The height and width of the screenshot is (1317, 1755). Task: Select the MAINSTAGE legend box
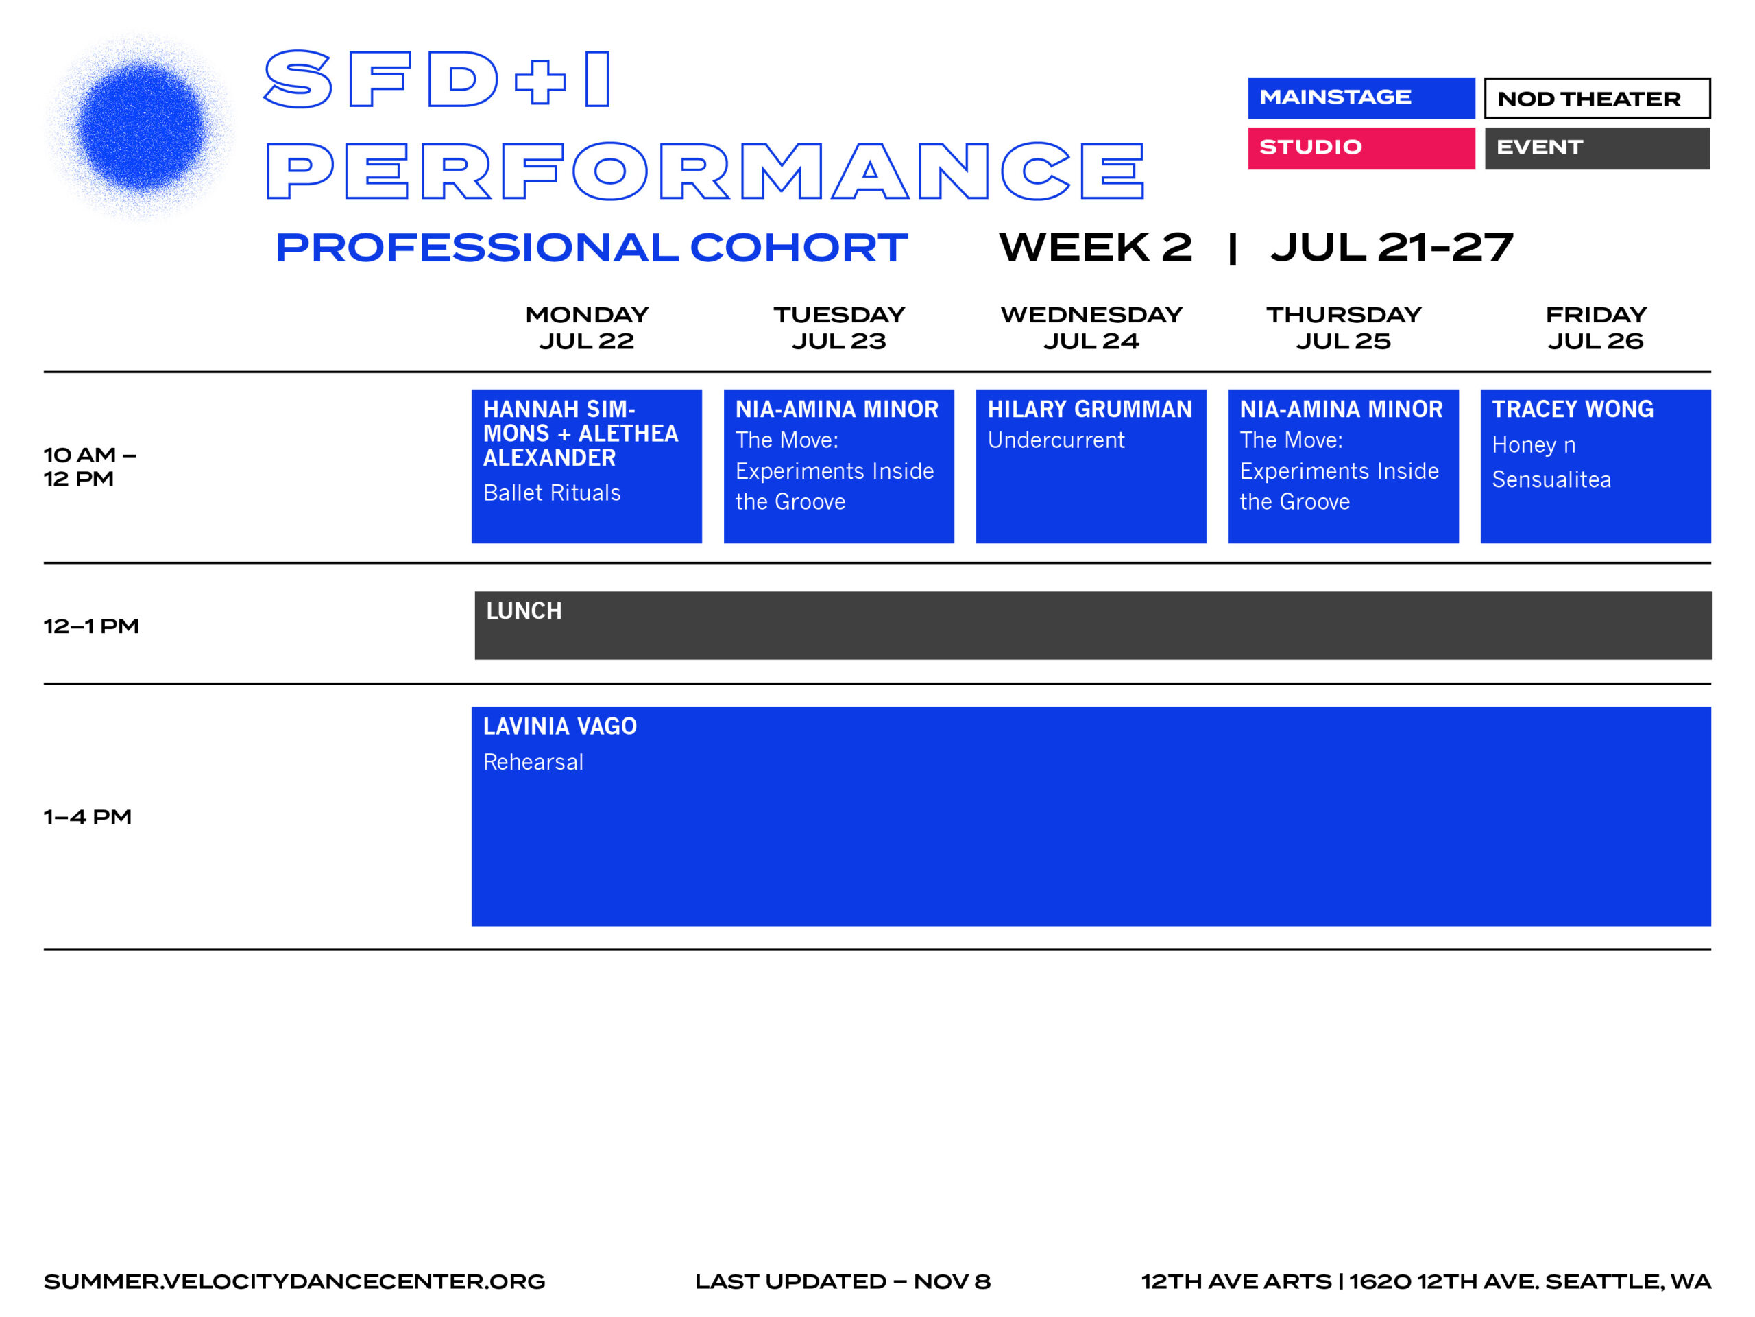[1361, 97]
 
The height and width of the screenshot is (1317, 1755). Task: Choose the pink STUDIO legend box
[1361, 147]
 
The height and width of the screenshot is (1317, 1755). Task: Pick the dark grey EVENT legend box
[1597, 147]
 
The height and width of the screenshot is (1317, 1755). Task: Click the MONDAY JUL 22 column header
[586, 327]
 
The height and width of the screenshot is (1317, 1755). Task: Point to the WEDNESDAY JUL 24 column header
[1091, 327]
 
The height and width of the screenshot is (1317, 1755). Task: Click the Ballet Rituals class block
[586, 466]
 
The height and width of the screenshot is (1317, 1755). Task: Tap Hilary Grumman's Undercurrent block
[1091, 466]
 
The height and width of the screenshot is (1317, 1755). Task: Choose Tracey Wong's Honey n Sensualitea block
[1595, 466]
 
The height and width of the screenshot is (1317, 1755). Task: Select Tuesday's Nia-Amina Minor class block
[838, 466]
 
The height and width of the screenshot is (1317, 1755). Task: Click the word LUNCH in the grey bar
[524, 610]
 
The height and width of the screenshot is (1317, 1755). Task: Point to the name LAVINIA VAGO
[559, 726]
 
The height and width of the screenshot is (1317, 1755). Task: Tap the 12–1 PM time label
[91, 626]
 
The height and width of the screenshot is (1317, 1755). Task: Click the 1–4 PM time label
[87, 817]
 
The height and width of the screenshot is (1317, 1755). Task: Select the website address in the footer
[294, 1281]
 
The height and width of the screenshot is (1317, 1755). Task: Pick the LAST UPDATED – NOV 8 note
[843, 1281]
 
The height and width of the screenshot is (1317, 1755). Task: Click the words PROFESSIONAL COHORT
[591, 248]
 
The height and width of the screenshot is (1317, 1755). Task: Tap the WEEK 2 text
[1095, 248]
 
